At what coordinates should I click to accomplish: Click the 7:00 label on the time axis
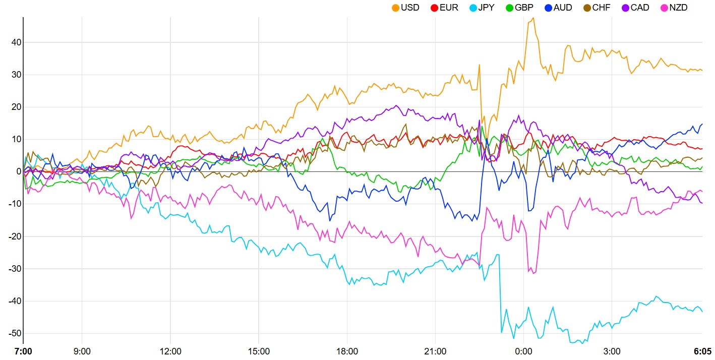23,350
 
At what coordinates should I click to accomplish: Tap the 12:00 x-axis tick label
170,350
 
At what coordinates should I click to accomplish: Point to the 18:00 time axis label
347,350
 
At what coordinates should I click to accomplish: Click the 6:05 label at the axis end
702,350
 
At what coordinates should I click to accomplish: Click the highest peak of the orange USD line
533,18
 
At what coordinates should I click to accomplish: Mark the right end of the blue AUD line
702,124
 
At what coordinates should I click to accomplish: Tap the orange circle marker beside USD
395,8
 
